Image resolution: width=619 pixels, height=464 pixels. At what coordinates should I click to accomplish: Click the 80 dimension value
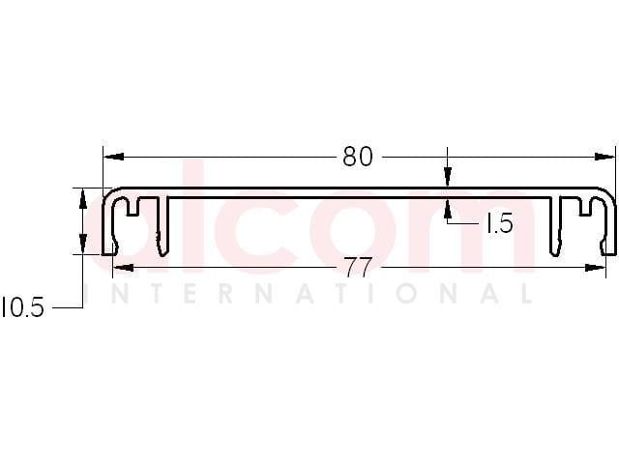357,157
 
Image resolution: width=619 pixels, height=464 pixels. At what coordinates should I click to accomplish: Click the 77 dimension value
358,267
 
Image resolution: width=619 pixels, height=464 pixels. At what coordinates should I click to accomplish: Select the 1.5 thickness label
500,223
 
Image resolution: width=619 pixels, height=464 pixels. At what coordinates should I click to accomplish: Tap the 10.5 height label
22,307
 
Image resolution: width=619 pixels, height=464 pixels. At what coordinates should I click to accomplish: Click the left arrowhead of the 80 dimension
114,157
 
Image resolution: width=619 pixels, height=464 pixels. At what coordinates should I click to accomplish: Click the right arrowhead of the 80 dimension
604,157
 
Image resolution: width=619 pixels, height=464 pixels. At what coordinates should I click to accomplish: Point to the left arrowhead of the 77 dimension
123,268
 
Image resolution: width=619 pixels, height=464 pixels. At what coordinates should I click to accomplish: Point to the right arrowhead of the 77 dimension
596,268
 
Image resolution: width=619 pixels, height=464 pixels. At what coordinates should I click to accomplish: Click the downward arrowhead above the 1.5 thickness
447,177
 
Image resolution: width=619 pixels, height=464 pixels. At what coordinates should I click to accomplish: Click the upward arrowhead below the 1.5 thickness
447,209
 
